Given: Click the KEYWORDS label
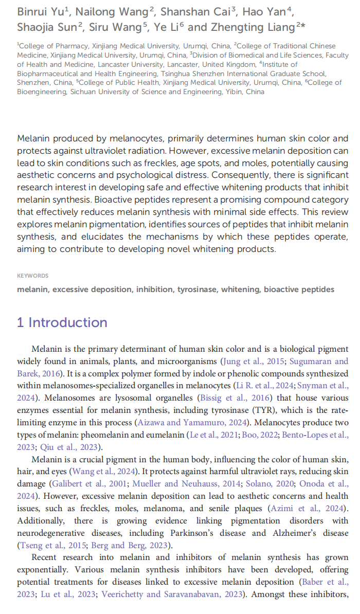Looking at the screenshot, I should (x=32, y=276).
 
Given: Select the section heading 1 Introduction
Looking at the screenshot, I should (x=62, y=322).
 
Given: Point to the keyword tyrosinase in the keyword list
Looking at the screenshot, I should (x=197, y=290).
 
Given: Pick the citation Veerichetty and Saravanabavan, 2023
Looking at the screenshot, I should (x=172, y=595).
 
